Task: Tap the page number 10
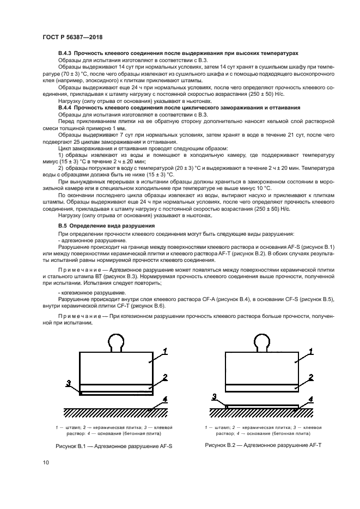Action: tap(46, 463)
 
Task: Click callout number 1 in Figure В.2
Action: tap(312, 351)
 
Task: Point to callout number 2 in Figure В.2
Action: tap(310, 376)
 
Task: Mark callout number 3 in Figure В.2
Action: tap(215, 396)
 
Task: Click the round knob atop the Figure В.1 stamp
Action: tap(117, 342)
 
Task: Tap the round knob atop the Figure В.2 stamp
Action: tap(262, 342)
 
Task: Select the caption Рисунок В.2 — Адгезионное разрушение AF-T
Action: tap(263, 445)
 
